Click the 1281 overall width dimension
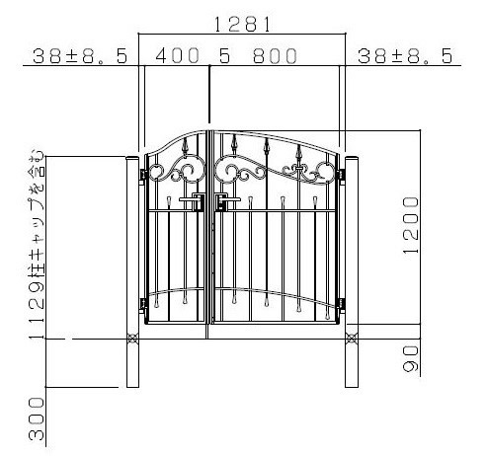click(x=242, y=24)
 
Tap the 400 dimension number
click(x=177, y=55)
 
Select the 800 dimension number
click(x=275, y=55)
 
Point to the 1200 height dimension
click(x=410, y=225)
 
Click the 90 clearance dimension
click(x=410, y=358)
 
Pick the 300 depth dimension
click(x=37, y=418)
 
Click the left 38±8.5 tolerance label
click(x=80, y=56)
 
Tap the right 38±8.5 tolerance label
click(x=405, y=56)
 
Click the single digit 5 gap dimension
click(x=224, y=55)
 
